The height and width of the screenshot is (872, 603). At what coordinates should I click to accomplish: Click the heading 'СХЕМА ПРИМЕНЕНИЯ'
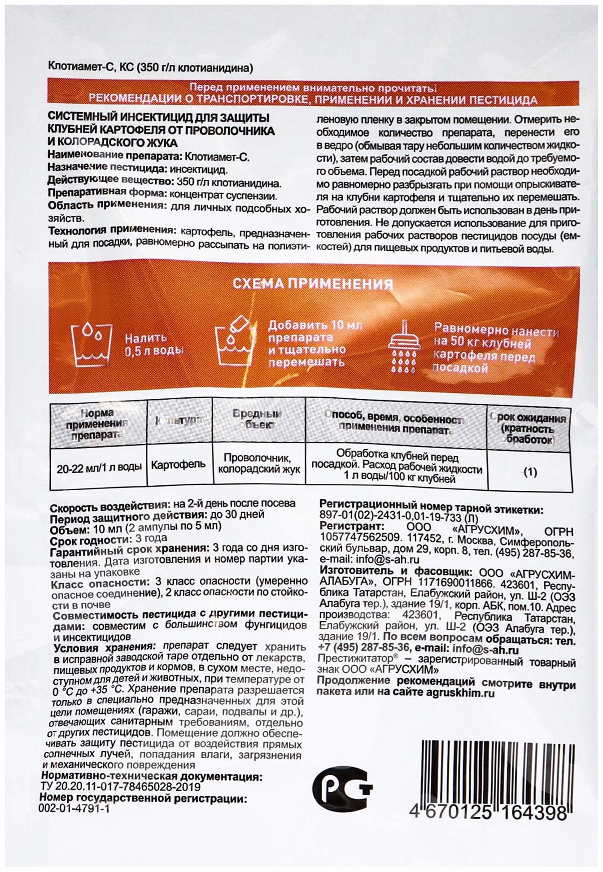(312, 283)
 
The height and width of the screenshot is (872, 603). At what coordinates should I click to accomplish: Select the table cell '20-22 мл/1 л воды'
(99, 467)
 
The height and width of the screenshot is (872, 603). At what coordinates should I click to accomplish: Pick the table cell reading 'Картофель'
(178, 464)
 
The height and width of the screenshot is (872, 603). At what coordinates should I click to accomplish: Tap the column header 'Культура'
(178, 420)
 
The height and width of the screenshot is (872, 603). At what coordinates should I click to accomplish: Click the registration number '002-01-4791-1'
(74, 808)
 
